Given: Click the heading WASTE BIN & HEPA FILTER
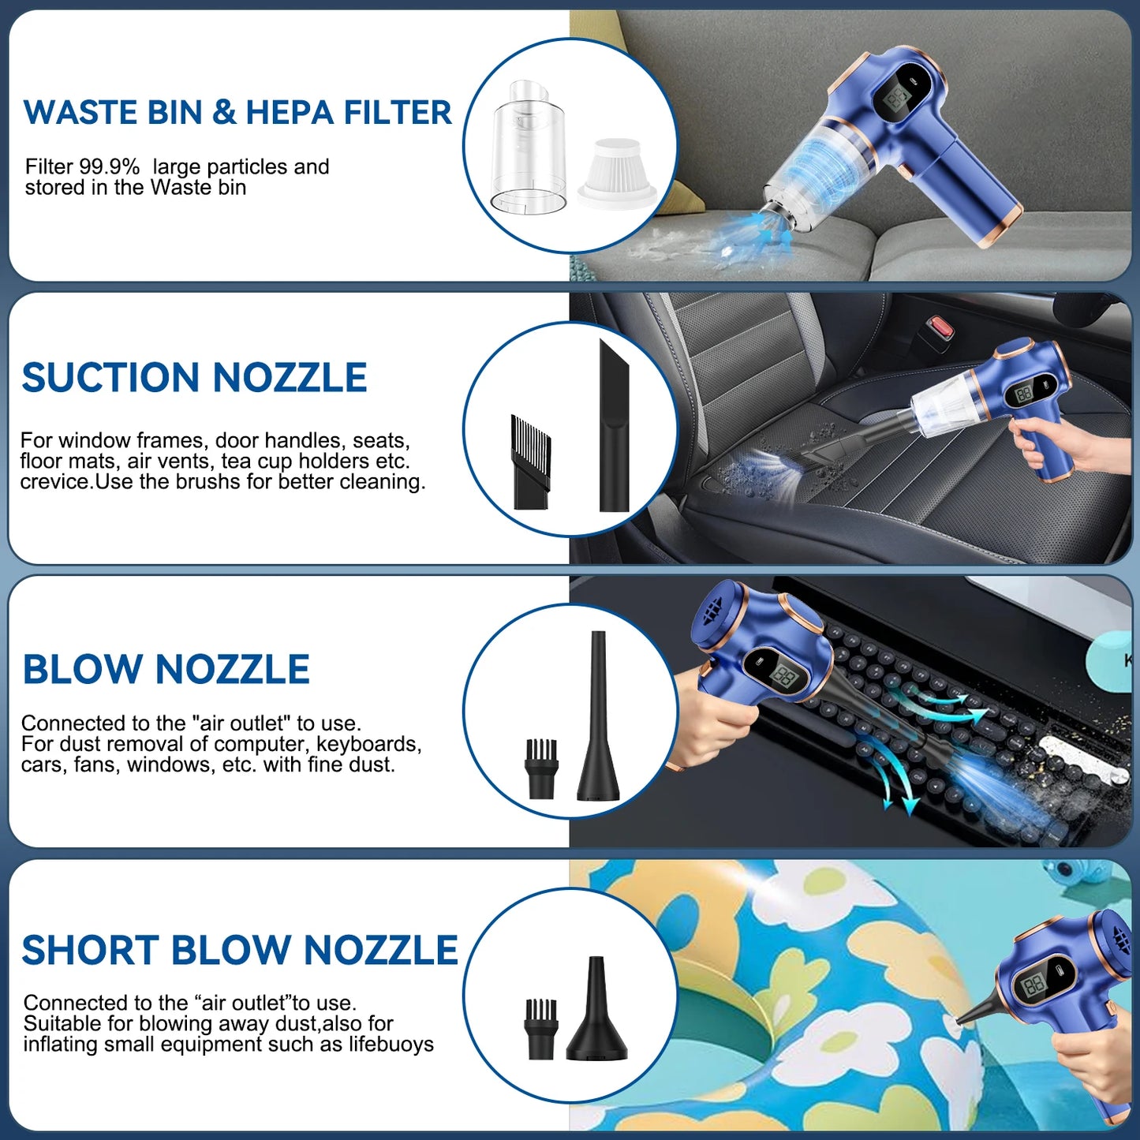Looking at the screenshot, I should click(x=237, y=113).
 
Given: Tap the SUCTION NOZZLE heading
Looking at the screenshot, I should click(x=194, y=378).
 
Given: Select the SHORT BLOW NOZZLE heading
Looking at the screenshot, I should click(x=240, y=950).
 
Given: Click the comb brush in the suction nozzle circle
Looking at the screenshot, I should click(x=530, y=461).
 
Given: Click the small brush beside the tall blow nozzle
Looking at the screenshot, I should click(x=541, y=767).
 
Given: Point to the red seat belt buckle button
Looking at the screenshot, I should click(x=939, y=324).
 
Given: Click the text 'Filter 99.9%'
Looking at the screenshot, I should click(x=82, y=167).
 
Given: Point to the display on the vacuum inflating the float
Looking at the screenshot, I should click(x=1034, y=982).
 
